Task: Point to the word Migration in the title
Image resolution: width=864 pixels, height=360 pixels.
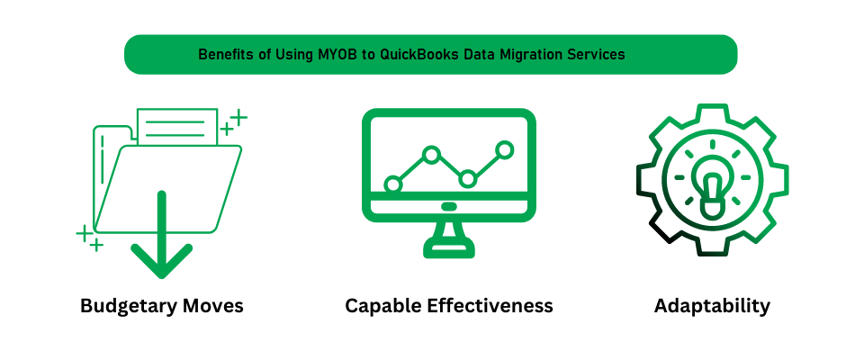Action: click(x=534, y=55)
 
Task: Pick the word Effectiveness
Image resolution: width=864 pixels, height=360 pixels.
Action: click(x=488, y=305)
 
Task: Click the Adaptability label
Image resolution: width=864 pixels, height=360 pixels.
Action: click(x=712, y=306)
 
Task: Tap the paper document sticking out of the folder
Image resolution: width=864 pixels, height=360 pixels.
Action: click(x=177, y=126)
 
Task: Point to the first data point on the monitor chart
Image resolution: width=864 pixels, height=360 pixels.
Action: click(x=393, y=184)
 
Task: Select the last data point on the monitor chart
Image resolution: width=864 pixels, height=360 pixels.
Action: click(x=504, y=149)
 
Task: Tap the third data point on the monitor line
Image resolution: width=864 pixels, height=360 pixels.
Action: click(x=467, y=178)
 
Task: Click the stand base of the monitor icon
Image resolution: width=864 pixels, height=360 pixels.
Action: click(x=449, y=248)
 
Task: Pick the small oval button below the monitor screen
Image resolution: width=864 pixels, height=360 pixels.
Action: click(x=449, y=206)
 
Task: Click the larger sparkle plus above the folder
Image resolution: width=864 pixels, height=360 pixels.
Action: click(x=238, y=117)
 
